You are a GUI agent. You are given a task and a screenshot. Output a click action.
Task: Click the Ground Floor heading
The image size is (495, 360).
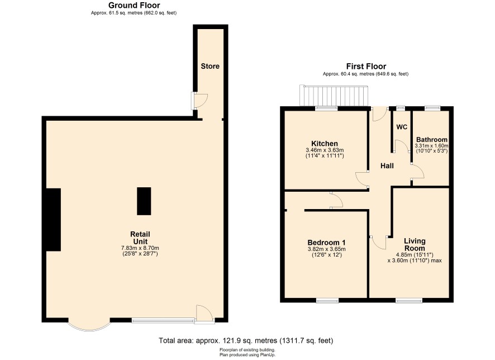(134, 6)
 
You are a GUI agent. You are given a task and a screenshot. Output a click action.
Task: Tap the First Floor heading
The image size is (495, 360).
(366, 67)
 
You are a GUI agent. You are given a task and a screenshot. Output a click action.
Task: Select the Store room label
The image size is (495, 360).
(210, 66)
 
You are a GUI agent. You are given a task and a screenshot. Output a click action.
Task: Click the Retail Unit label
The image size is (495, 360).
(140, 238)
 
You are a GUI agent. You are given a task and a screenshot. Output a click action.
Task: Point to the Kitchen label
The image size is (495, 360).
(325, 143)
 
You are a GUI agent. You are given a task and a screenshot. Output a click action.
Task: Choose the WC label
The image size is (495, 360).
(402, 127)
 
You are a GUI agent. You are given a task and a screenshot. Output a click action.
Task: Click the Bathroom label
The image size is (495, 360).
(431, 140)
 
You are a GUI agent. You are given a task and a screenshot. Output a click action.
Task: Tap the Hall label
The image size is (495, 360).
(387, 166)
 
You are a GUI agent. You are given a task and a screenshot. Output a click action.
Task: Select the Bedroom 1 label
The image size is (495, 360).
(326, 243)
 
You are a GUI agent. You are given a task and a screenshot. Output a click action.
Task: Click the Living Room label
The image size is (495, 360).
(415, 244)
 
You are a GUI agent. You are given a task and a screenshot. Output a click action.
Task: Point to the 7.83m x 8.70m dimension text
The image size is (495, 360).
(140, 248)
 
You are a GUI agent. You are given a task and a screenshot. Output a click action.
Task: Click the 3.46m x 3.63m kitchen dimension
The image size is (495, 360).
(325, 150)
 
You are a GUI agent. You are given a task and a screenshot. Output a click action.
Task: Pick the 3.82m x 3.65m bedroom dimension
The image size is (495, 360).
(326, 249)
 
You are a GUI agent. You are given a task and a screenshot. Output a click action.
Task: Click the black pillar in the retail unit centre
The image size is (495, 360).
(144, 201)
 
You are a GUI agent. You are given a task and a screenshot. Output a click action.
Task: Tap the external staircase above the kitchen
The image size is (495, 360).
(334, 96)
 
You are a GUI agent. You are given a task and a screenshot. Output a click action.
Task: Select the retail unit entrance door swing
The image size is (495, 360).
(204, 313)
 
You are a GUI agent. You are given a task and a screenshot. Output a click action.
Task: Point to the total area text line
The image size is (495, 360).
(246, 340)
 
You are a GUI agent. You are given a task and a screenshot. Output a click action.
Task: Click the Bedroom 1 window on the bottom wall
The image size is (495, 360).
(327, 300)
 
